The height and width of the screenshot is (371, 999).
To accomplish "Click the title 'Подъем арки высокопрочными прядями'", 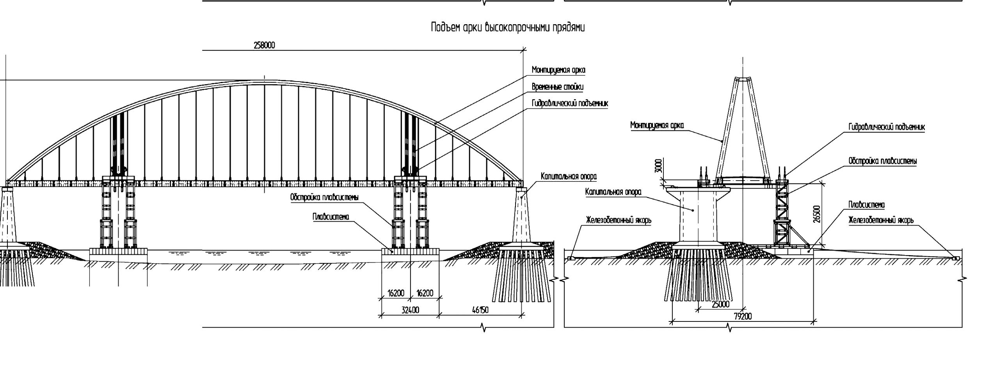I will [508, 27].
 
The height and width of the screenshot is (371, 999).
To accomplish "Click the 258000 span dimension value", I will [264, 45].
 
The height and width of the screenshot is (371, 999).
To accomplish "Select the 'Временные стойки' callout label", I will [557, 87].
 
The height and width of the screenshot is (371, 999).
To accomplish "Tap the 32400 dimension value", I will [410, 310].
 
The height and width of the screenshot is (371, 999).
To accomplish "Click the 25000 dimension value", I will [720, 304].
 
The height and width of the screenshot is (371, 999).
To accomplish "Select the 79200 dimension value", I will [743, 316].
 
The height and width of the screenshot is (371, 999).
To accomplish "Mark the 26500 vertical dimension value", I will [817, 214].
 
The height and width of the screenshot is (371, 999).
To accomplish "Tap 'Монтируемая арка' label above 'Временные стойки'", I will [558, 70].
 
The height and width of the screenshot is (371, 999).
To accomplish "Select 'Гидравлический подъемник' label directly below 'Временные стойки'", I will [569, 103].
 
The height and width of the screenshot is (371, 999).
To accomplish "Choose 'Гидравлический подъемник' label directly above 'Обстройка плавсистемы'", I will [887, 127].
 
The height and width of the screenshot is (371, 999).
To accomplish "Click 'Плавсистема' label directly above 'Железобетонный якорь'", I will [866, 205].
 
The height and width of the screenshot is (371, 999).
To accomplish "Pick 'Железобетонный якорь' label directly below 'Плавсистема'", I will [881, 220].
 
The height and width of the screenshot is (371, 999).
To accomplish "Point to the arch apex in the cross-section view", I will [743, 79].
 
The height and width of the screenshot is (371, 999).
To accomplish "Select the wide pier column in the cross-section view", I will [699, 218].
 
